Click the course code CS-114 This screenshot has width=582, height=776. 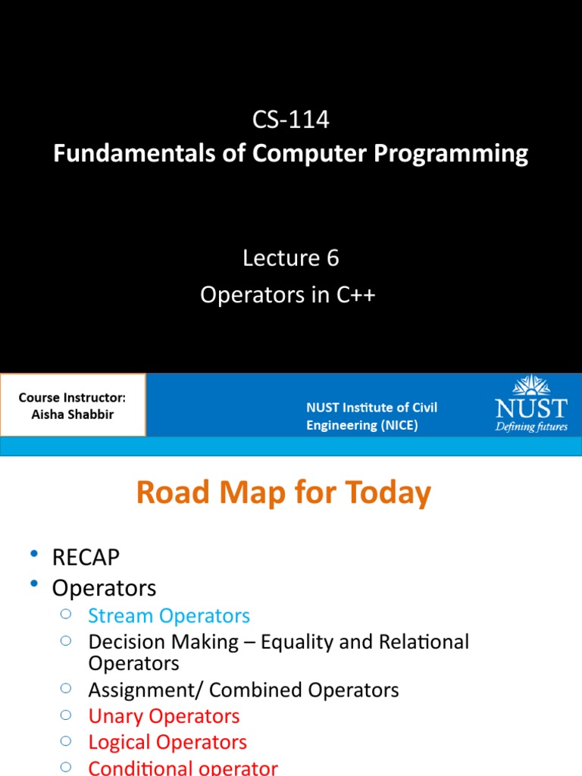(x=290, y=120)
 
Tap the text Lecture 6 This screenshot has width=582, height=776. (x=290, y=258)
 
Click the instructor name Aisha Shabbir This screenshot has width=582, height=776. (x=72, y=415)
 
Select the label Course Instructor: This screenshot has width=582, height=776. (x=72, y=398)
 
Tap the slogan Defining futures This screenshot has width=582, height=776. (x=530, y=426)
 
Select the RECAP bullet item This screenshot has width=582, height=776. (x=86, y=558)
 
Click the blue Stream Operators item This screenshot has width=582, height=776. (x=169, y=616)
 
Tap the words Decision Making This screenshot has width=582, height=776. (x=163, y=642)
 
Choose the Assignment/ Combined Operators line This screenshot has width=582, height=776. (x=243, y=690)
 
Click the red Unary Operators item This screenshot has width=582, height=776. (x=164, y=716)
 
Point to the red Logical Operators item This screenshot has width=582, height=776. (x=167, y=742)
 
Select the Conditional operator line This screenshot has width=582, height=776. (x=183, y=767)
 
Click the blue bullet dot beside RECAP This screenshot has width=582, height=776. (x=34, y=556)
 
